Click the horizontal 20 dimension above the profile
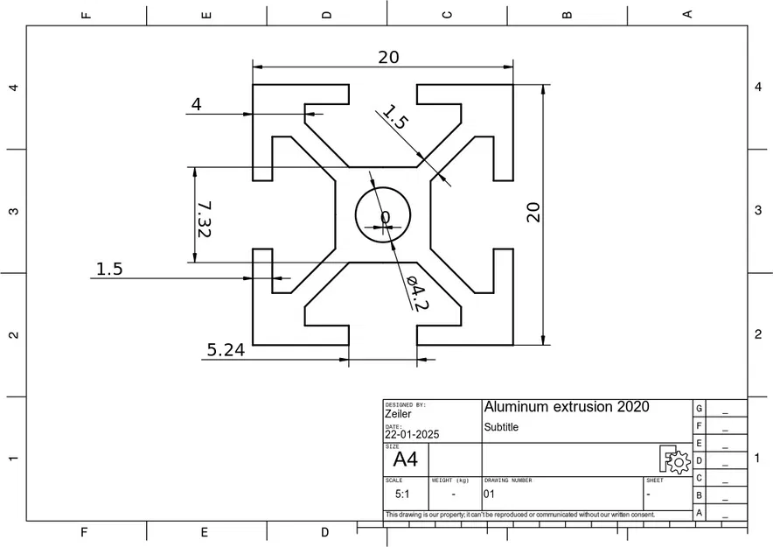388,57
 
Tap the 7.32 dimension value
204,219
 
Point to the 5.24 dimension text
225,349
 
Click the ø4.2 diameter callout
417,292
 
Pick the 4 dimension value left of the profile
196,104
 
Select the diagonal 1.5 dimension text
395,117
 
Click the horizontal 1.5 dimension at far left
109,269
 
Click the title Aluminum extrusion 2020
567,407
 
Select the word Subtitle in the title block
501,427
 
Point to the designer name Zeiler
398,414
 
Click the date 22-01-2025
412,434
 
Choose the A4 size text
405,459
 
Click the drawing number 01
489,494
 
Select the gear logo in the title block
675,459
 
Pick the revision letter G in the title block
699,409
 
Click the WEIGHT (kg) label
450,480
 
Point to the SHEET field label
654,480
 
